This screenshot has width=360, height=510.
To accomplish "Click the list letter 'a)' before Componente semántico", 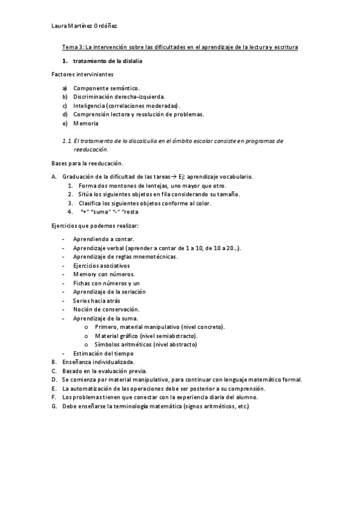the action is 65,88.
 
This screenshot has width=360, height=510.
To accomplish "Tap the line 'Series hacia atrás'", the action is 97,300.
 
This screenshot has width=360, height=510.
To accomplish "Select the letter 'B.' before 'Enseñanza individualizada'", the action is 55,362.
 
